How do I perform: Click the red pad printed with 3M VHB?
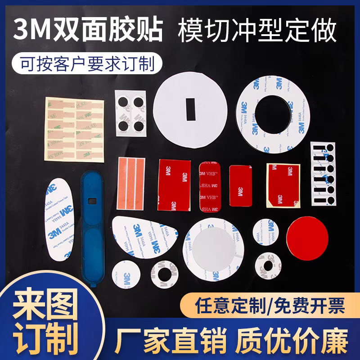(x=209, y=186)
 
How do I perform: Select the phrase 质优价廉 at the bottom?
(x=292, y=341)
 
